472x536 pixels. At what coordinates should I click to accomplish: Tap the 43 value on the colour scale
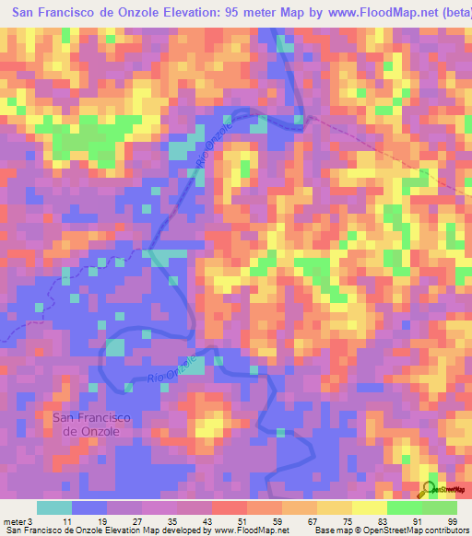(x=206, y=523)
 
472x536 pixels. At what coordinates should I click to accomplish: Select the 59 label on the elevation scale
(x=277, y=523)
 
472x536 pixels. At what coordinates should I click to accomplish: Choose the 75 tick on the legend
(x=347, y=523)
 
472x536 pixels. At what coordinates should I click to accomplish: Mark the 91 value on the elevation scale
(x=417, y=523)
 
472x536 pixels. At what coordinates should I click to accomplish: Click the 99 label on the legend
(x=453, y=523)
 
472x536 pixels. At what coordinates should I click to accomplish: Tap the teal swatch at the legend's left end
(x=53, y=507)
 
